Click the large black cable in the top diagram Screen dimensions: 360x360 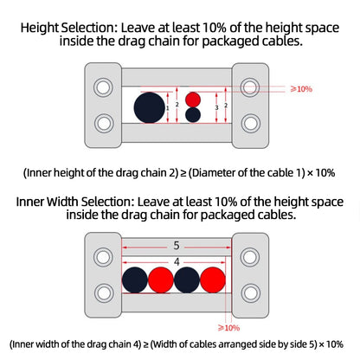click(x=150, y=107)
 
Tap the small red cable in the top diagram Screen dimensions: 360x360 click(x=193, y=100)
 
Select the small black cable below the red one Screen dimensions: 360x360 click(x=193, y=115)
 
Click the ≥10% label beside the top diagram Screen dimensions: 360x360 click(x=301, y=89)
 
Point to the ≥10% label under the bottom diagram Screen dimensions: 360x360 click(x=228, y=328)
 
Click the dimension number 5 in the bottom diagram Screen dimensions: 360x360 click(x=177, y=246)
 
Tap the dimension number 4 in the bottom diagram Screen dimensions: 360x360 click(x=177, y=262)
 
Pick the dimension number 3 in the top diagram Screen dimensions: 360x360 click(x=216, y=107)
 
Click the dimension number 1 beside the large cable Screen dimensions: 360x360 click(x=167, y=108)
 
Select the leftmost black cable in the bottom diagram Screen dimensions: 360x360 click(x=135, y=280)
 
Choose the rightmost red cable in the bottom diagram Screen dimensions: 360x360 click(x=213, y=280)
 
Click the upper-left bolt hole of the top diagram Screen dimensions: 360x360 click(x=103, y=87)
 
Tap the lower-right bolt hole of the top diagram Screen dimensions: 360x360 click(x=250, y=123)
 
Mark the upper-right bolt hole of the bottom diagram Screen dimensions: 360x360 click(x=250, y=257)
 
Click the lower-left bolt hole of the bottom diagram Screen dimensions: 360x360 click(x=103, y=292)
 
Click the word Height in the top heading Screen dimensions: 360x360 click(x=40, y=29)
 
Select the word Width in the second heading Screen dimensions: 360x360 click(x=62, y=202)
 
